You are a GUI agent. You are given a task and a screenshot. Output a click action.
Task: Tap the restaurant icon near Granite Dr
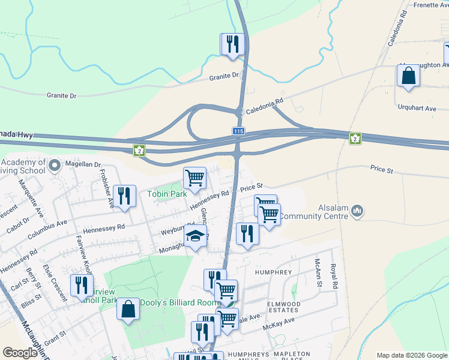(x=232, y=44)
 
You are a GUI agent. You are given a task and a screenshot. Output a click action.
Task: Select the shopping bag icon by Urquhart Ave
(x=408, y=76)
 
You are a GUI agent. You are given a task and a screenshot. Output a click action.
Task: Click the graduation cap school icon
(x=195, y=237)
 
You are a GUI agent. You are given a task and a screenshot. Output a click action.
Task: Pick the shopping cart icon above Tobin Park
(x=194, y=178)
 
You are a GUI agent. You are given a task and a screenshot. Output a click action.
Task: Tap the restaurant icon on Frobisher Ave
(x=124, y=196)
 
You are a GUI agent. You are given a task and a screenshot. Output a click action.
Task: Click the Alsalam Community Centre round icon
(x=358, y=210)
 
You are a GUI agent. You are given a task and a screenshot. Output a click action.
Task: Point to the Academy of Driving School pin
(x=55, y=164)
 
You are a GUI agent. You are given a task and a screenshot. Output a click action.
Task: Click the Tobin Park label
(x=167, y=193)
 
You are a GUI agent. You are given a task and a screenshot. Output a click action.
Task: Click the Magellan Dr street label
(x=83, y=164)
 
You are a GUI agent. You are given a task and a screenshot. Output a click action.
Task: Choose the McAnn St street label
(x=318, y=273)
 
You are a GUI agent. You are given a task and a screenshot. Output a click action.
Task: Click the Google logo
(x=20, y=353)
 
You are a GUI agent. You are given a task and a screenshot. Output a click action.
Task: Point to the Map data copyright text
(x=411, y=355)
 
